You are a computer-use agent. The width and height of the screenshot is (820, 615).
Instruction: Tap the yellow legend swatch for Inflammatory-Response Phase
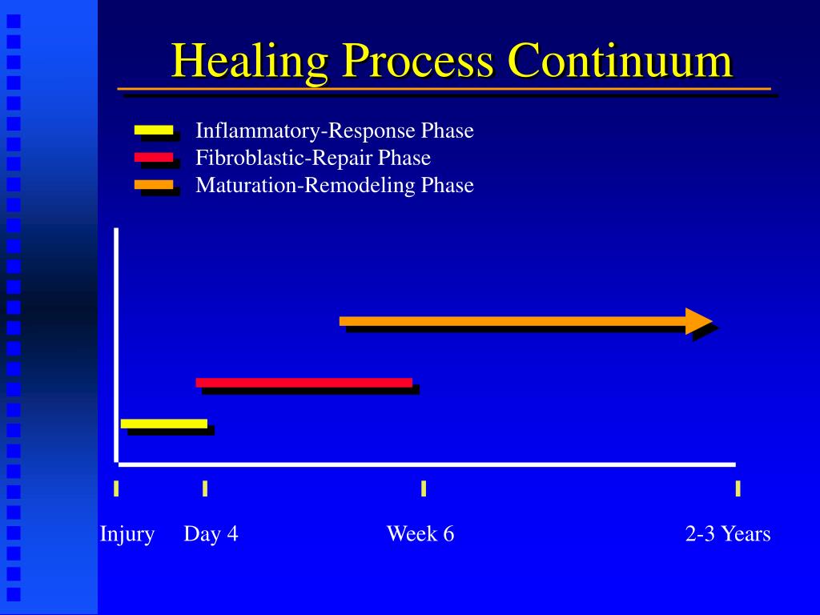click(154, 129)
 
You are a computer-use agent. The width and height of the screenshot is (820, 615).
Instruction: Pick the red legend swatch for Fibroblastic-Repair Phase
click(154, 157)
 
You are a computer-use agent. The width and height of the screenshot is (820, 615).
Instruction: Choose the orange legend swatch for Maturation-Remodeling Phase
click(154, 185)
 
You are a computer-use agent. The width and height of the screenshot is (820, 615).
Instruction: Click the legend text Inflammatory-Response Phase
click(335, 131)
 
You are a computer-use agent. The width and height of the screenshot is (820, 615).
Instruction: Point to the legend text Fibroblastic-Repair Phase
click(313, 158)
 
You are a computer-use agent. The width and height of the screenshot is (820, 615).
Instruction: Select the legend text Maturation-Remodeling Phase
click(335, 186)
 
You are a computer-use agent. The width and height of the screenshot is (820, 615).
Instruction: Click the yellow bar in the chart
click(164, 424)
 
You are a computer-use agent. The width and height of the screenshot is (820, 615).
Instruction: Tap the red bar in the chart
click(304, 383)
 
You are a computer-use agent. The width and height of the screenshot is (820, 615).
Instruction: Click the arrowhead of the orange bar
click(698, 321)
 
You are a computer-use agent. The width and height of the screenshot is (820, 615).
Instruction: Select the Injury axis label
click(127, 534)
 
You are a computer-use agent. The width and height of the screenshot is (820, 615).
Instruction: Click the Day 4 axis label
click(211, 534)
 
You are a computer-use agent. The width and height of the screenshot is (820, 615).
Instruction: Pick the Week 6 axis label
click(420, 534)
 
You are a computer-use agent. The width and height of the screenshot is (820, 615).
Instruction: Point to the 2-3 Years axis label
click(727, 534)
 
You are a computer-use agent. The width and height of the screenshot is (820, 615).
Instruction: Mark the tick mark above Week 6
click(424, 488)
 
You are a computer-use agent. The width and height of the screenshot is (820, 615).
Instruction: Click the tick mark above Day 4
click(205, 488)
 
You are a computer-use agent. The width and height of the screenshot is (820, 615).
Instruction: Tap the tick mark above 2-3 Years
click(738, 488)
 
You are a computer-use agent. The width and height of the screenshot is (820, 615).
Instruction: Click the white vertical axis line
click(116, 344)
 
